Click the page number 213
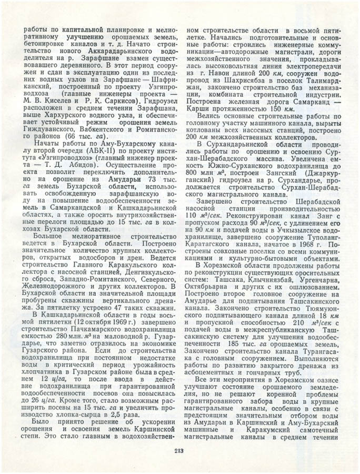coord(180,449)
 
